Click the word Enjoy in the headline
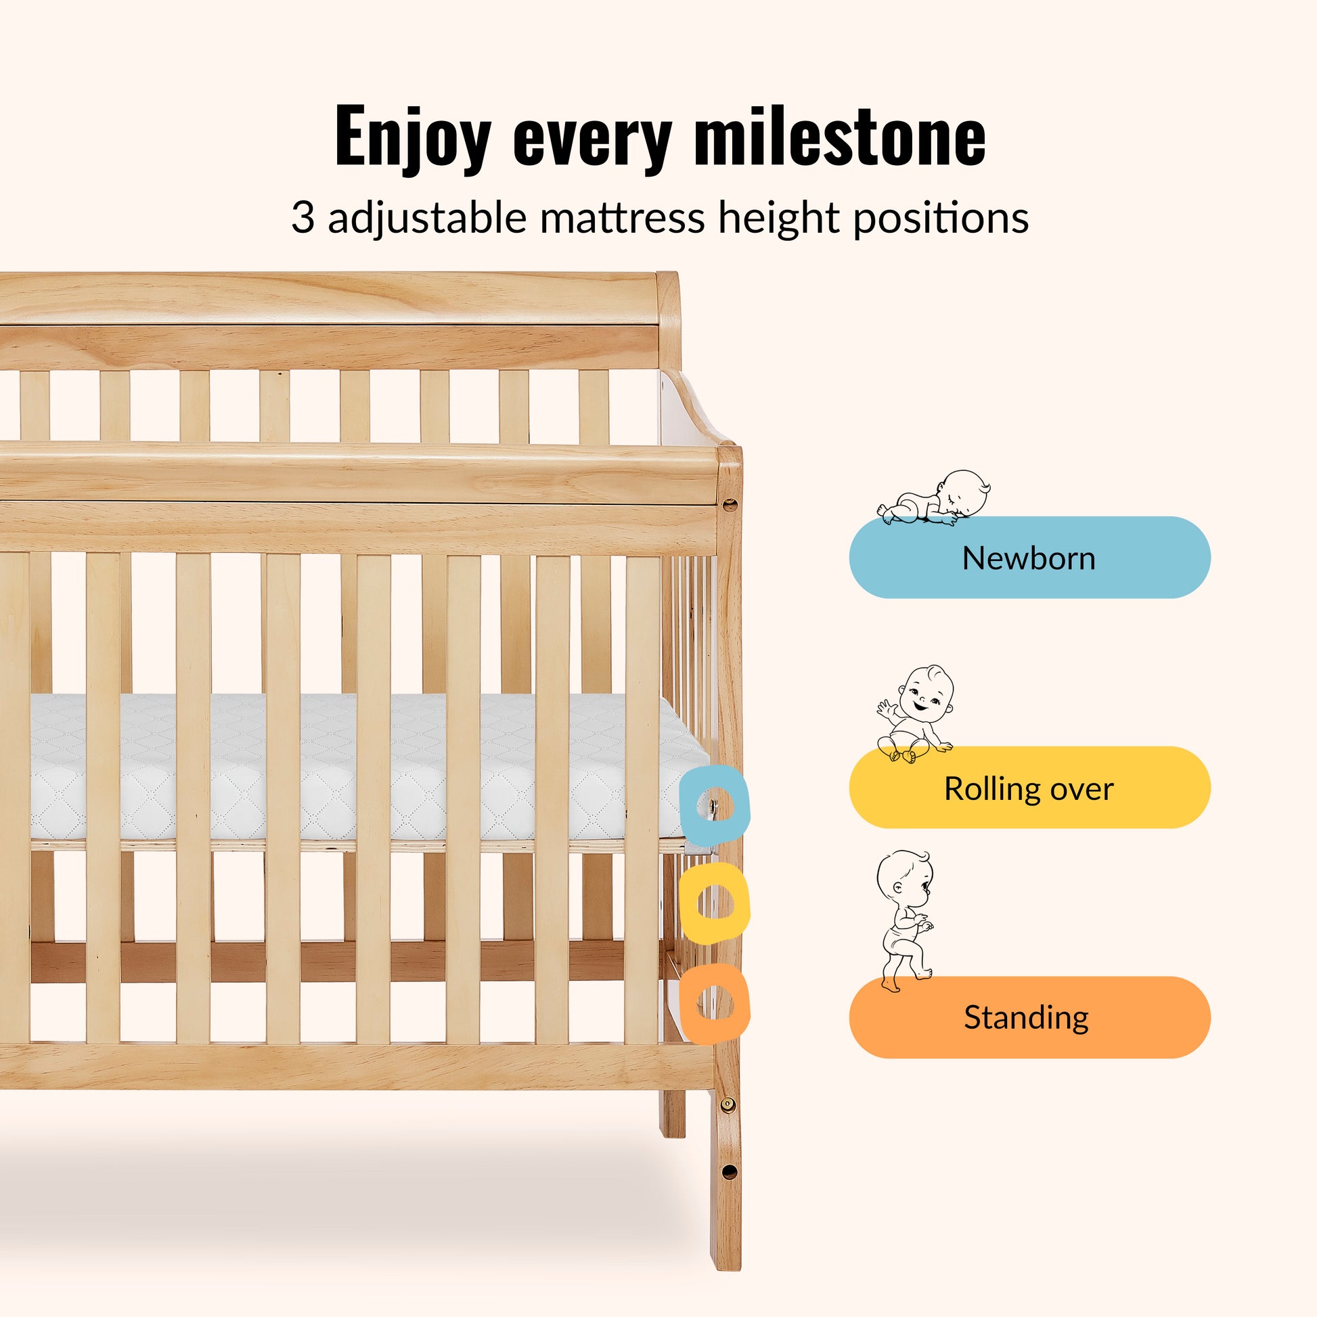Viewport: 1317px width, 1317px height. point(413,138)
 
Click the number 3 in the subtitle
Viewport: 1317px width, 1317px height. point(303,218)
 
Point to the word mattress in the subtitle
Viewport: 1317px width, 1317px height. point(623,218)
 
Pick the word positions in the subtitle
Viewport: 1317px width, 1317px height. point(941,219)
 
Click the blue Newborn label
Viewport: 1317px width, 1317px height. point(1029,558)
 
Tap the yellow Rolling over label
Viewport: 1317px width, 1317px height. point(1029,788)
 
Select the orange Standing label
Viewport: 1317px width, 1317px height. point(1029,1018)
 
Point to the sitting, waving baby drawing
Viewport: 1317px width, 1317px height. point(916,714)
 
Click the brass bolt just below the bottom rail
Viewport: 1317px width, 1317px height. point(728,1104)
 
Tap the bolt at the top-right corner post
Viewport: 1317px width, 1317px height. point(730,505)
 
